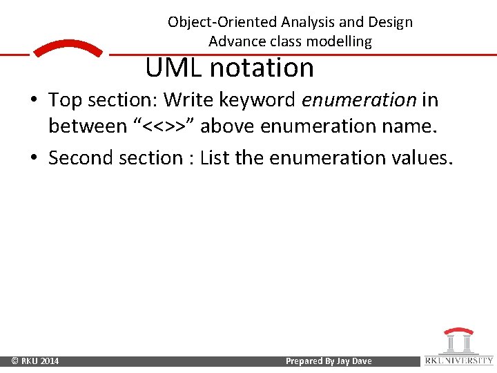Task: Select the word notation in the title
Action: coord(262,68)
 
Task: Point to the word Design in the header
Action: coord(389,21)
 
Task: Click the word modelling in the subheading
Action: coord(338,41)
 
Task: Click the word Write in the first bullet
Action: coord(188,100)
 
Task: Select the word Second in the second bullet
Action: coord(79,157)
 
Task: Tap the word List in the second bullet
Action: coord(215,157)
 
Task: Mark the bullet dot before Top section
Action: coord(34,101)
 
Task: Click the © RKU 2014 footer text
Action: coord(35,361)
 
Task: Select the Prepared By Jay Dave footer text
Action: coord(329,361)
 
